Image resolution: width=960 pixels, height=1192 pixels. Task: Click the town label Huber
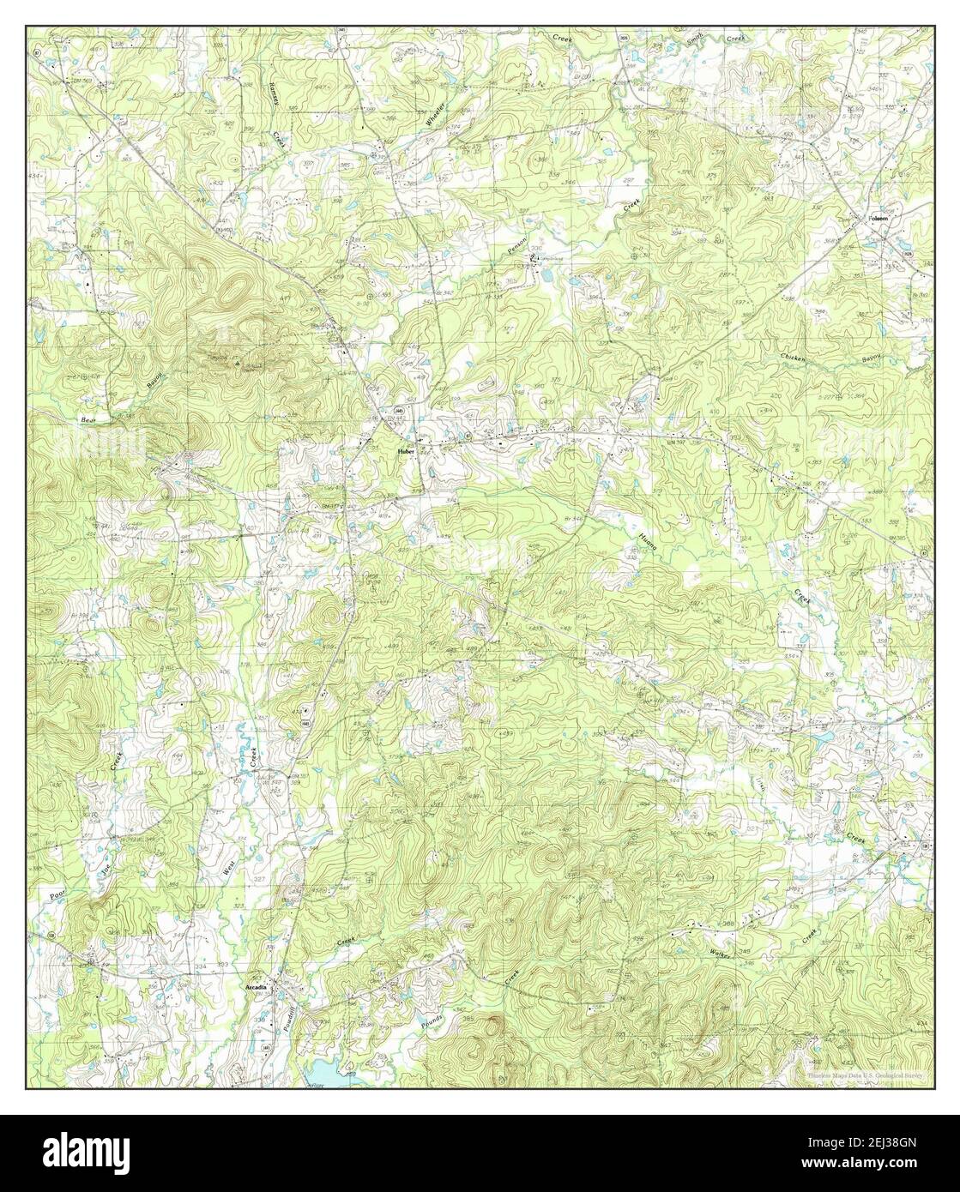click(x=405, y=450)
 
